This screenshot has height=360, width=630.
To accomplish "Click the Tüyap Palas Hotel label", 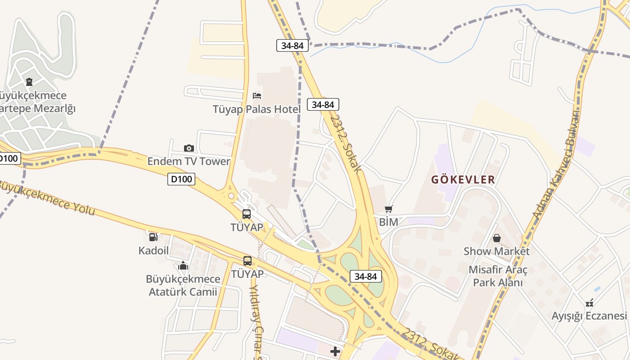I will click(256, 109).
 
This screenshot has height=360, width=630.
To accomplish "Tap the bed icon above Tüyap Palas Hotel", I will click(257, 95).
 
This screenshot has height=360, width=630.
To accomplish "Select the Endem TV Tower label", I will click(189, 161).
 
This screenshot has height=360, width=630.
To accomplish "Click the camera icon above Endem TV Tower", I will click(189, 148).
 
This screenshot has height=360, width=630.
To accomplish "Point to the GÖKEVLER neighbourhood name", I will click(463, 180).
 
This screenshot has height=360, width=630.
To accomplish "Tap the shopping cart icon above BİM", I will click(389, 209).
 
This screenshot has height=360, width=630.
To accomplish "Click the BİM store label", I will click(389, 222).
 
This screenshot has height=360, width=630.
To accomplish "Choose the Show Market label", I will click(497, 251).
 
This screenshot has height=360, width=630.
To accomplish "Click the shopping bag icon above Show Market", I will click(497, 238).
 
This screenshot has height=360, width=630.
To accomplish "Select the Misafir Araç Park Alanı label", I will click(498, 276).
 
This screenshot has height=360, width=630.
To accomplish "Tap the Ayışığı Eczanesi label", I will click(589, 315).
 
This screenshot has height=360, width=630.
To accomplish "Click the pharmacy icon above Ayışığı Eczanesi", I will click(589, 302).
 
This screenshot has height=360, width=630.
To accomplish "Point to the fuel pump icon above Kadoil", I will click(153, 237).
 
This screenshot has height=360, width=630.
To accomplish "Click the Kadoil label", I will click(153, 250).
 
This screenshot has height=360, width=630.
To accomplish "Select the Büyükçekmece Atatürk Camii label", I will click(183, 285).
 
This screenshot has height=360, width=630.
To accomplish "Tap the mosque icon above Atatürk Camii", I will click(183, 265).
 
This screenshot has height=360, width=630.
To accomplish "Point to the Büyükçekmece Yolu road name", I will click(47, 198).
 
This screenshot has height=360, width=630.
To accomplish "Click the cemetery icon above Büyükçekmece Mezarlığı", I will click(29, 82).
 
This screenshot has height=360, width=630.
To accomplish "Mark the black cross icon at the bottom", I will click(335, 351).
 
